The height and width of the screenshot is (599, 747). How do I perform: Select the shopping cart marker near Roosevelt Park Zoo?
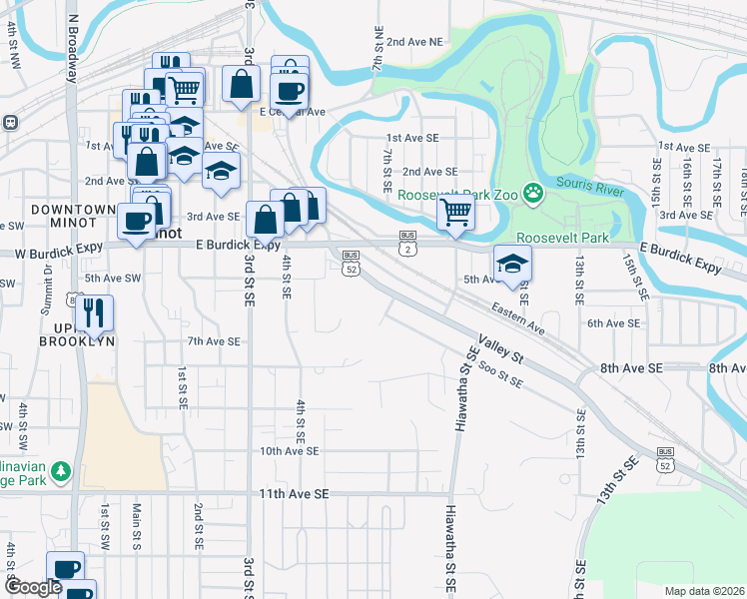pyautogui.click(x=455, y=212)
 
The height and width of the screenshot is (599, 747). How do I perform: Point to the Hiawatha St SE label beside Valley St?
pyautogui.click(x=462, y=388)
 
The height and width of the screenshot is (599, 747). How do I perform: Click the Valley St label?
pyautogui.click(x=501, y=349)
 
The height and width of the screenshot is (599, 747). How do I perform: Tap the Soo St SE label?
pyautogui.click(x=501, y=376)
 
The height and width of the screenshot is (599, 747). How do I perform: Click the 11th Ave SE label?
pyautogui.click(x=294, y=493)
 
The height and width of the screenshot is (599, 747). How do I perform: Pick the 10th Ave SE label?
pyautogui.click(x=289, y=451)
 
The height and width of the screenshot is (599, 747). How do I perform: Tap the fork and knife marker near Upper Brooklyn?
pyautogui.click(x=94, y=312)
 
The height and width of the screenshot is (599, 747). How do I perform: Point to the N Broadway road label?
pyautogui.click(x=73, y=50)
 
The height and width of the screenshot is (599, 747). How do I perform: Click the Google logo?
pyautogui.click(x=32, y=587)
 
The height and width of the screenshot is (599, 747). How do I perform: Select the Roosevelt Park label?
pyautogui.click(x=563, y=239)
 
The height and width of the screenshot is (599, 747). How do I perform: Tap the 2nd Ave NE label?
pyautogui.click(x=414, y=42)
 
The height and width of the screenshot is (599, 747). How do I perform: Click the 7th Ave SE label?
pyautogui.click(x=215, y=341)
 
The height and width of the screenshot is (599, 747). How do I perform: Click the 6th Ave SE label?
pyautogui.click(x=612, y=323)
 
